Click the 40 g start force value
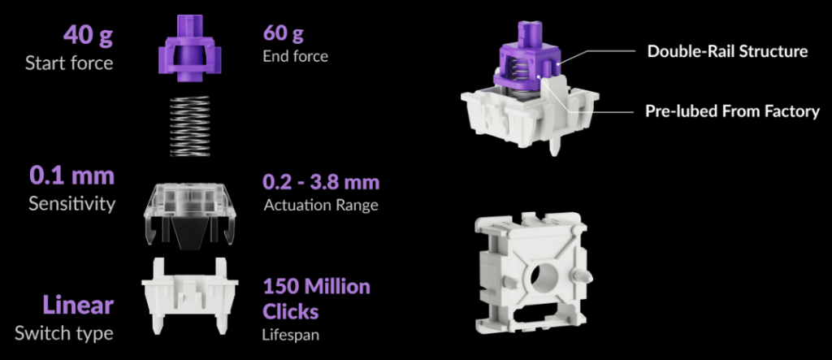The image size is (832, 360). click(88, 36)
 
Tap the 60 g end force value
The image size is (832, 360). click(284, 34)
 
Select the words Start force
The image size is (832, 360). click(69, 63)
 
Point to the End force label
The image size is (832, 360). click(296, 56)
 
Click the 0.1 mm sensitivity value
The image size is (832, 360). click(71, 176)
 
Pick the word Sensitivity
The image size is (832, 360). click(71, 204)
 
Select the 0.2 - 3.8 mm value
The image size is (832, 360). click(322, 182)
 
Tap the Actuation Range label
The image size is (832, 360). click(321, 205)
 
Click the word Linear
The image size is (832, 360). click(78, 306)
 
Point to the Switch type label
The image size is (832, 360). click(64, 333)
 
